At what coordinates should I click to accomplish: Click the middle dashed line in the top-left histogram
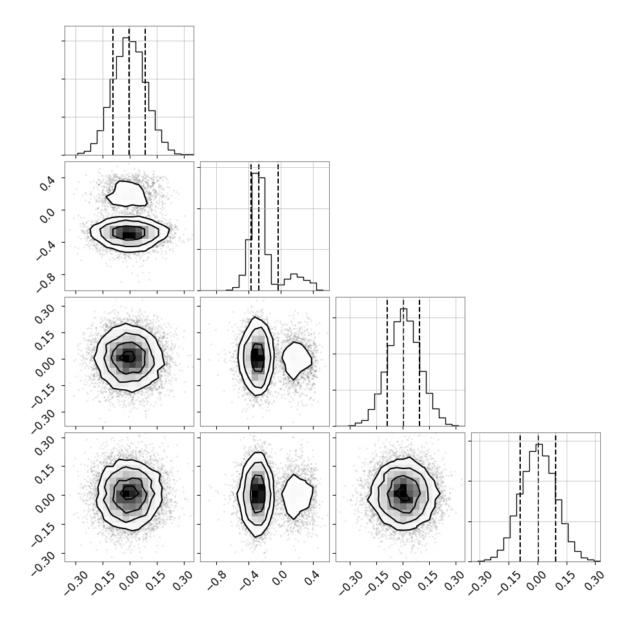pyautogui.click(x=129, y=92)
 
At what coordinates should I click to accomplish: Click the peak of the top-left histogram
pyautogui.click(x=126, y=38)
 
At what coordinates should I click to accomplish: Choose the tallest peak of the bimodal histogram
pyautogui.click(x=255, y=173)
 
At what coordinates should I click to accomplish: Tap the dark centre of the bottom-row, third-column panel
pyautogui.click(x=403, y=492)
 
